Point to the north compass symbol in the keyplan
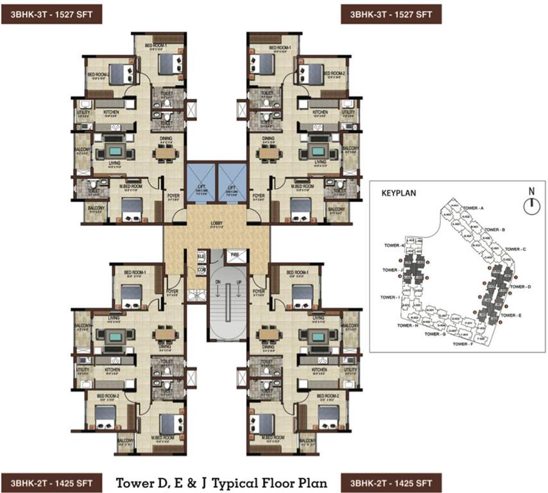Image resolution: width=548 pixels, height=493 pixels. [530, 205]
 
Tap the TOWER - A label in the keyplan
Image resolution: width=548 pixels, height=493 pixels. [473, 209]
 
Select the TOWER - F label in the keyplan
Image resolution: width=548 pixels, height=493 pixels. [465, 345]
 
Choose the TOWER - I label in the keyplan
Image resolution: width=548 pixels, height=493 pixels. [390, 297]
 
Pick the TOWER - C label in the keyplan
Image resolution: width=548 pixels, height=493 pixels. [515, 248]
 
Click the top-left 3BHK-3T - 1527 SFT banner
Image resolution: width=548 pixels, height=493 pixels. [51, 13]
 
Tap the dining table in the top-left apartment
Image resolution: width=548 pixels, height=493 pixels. [166, 153]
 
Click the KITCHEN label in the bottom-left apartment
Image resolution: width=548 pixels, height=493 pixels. [114, 370]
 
